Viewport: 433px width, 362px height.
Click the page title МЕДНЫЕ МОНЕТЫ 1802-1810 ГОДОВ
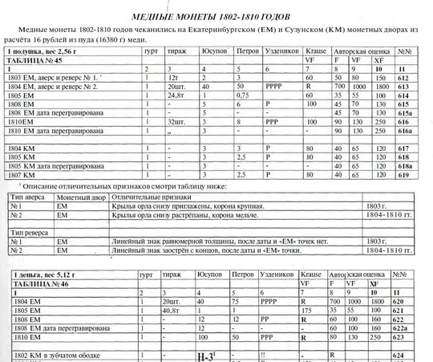216,14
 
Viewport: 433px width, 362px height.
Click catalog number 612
403,79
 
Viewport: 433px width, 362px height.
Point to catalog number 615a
406,113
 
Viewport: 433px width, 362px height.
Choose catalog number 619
403,174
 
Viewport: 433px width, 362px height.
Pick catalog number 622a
406,329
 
